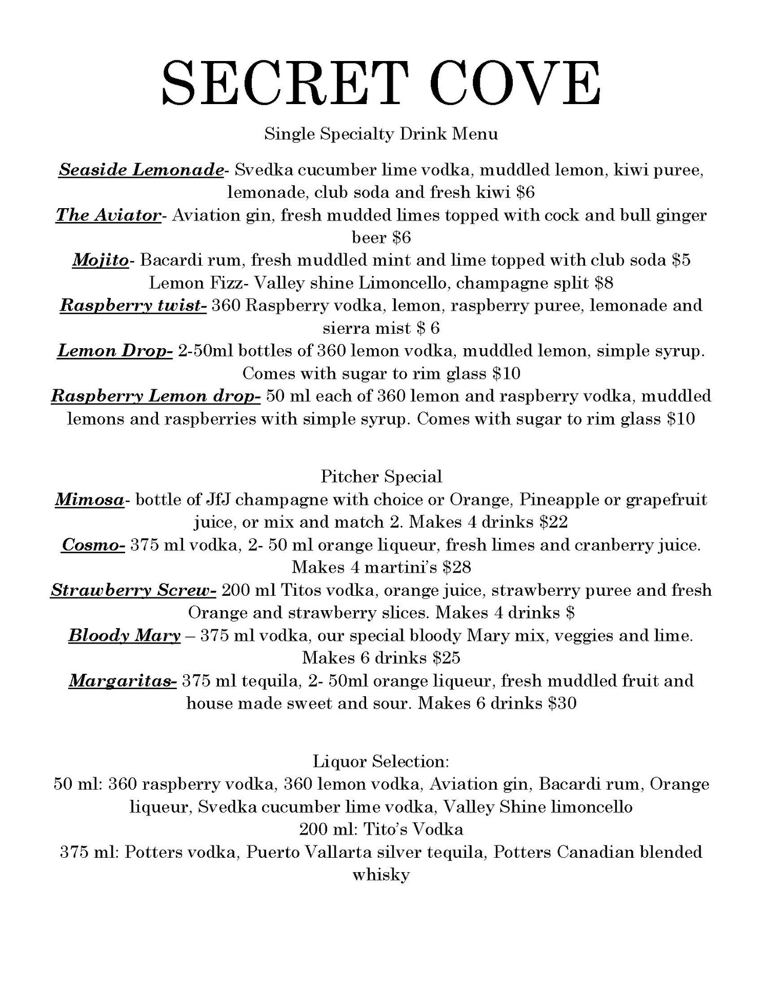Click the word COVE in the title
tap(515, 83)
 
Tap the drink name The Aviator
tap(108, 215)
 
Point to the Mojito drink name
tap(100, 260)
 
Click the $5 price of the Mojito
tap(681, 260)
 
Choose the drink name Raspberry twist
tap(133, 305)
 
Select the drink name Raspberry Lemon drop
tap(156, 396)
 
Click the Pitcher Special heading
tap(381, 476)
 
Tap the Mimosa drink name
tap(89, 499)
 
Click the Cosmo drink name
tap(93, 545)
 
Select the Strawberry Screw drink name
tap(133, 590)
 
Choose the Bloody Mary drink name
tap(125, 636)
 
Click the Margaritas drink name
tap(123, 681)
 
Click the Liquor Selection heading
tap(381, 761)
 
